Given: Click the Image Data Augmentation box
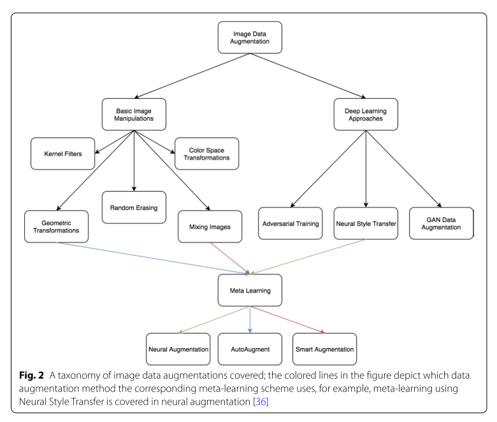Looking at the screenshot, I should (249, 38).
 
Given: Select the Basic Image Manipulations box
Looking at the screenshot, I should (134, 113).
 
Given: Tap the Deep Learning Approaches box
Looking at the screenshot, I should (366, 113).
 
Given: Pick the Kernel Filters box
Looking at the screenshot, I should (62, 153).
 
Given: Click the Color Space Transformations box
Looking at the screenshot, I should (206, 153).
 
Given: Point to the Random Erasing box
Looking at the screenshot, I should (134, 207).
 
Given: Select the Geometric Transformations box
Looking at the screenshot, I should (56, 226).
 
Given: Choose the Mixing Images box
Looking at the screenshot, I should (210, 226).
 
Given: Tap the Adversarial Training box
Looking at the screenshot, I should (290, 223).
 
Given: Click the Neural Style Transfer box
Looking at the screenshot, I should (366, 223).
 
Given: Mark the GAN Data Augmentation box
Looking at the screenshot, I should (441, 223).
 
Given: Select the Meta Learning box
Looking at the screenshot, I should (249, 290).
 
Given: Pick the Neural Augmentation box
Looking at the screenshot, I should (178, 349).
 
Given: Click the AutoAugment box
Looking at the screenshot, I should (249, 349).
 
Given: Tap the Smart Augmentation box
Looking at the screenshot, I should (324, 349).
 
